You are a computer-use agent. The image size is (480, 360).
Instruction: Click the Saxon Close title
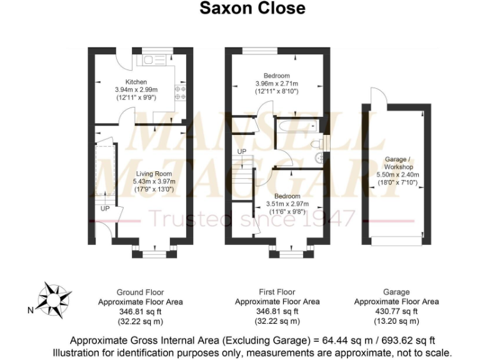click(x=252, y=8)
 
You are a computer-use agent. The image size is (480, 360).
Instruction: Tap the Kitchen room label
click(x=136, y=82)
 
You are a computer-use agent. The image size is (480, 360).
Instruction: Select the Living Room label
click(x=154, y=174)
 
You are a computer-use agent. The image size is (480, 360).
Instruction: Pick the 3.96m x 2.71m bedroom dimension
click(x=276, y=84)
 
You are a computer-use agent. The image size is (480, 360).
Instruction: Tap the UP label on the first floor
click(x=241, y=152)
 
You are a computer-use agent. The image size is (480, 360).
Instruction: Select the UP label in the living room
click(x=104, y=209)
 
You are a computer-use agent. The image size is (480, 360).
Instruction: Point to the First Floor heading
click(x=277, y=292)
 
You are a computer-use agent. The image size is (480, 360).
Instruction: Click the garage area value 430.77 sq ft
click(x=396, y=311)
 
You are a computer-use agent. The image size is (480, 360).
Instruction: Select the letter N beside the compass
click(x=30, y=309)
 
